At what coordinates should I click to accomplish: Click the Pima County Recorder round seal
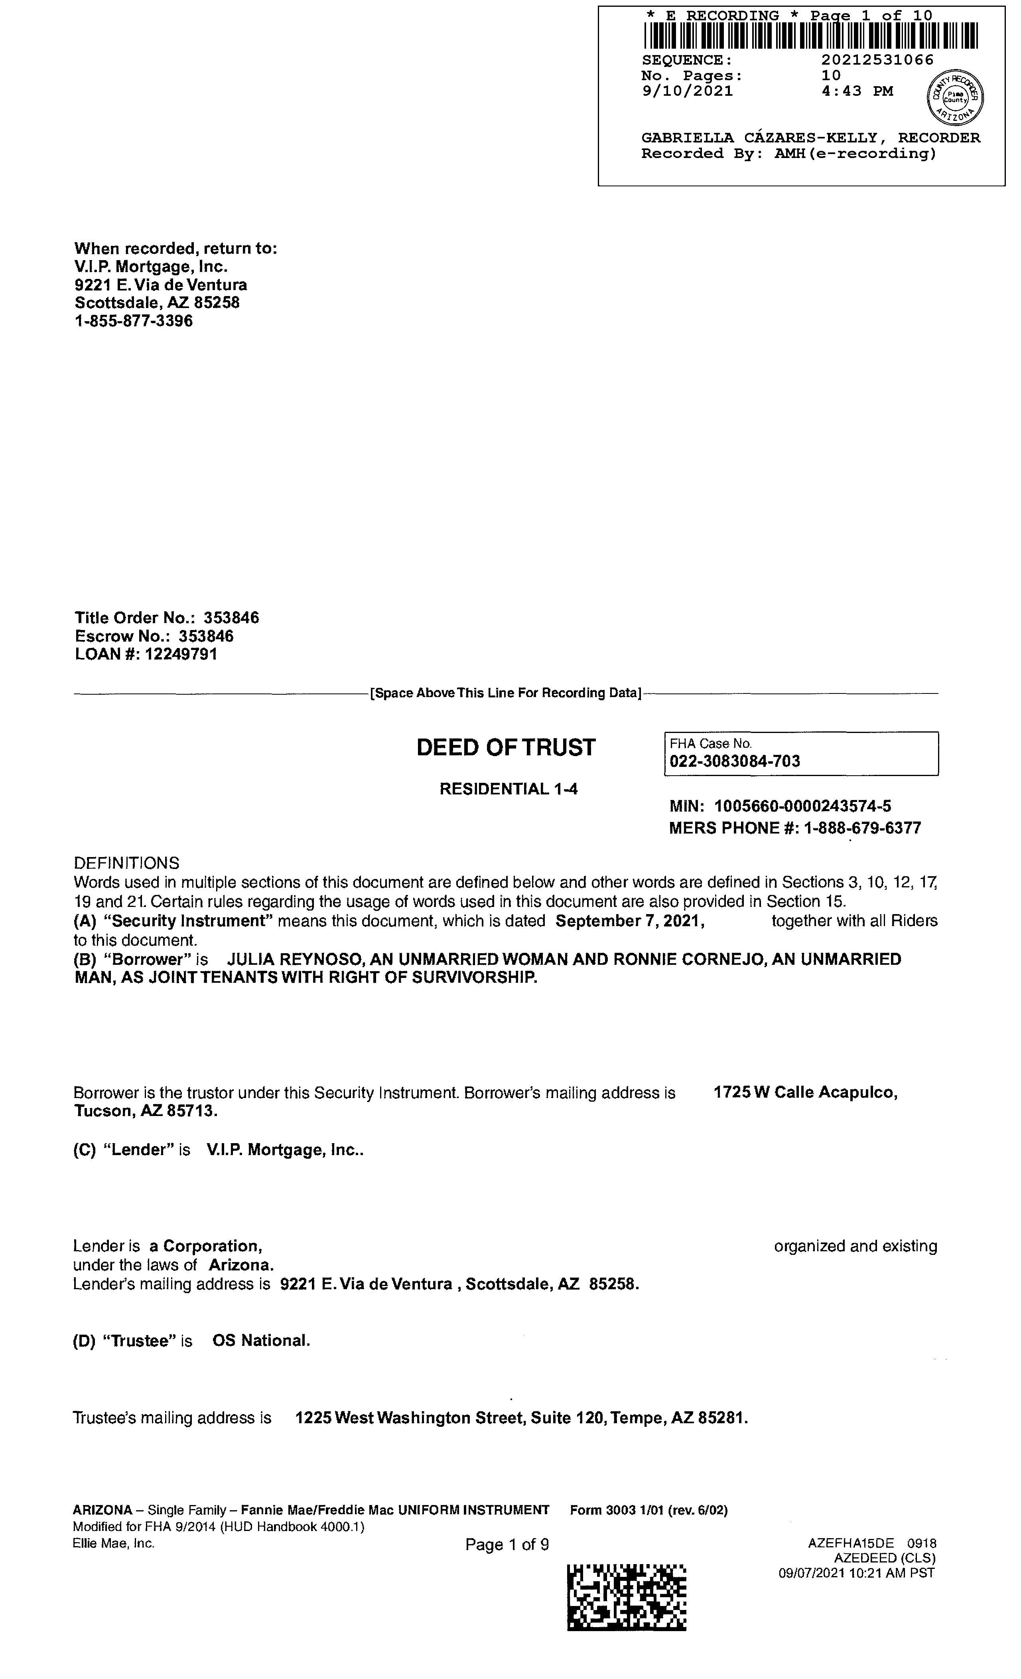(956, 97)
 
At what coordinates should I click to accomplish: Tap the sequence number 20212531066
(877, 60)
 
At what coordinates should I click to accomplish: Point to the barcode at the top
(810, 36)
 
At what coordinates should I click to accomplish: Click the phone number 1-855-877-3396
(134, 321)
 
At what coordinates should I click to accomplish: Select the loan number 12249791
(181, 654)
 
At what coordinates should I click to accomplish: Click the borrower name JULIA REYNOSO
(294, 960)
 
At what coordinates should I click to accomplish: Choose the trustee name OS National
(261, 1341)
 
